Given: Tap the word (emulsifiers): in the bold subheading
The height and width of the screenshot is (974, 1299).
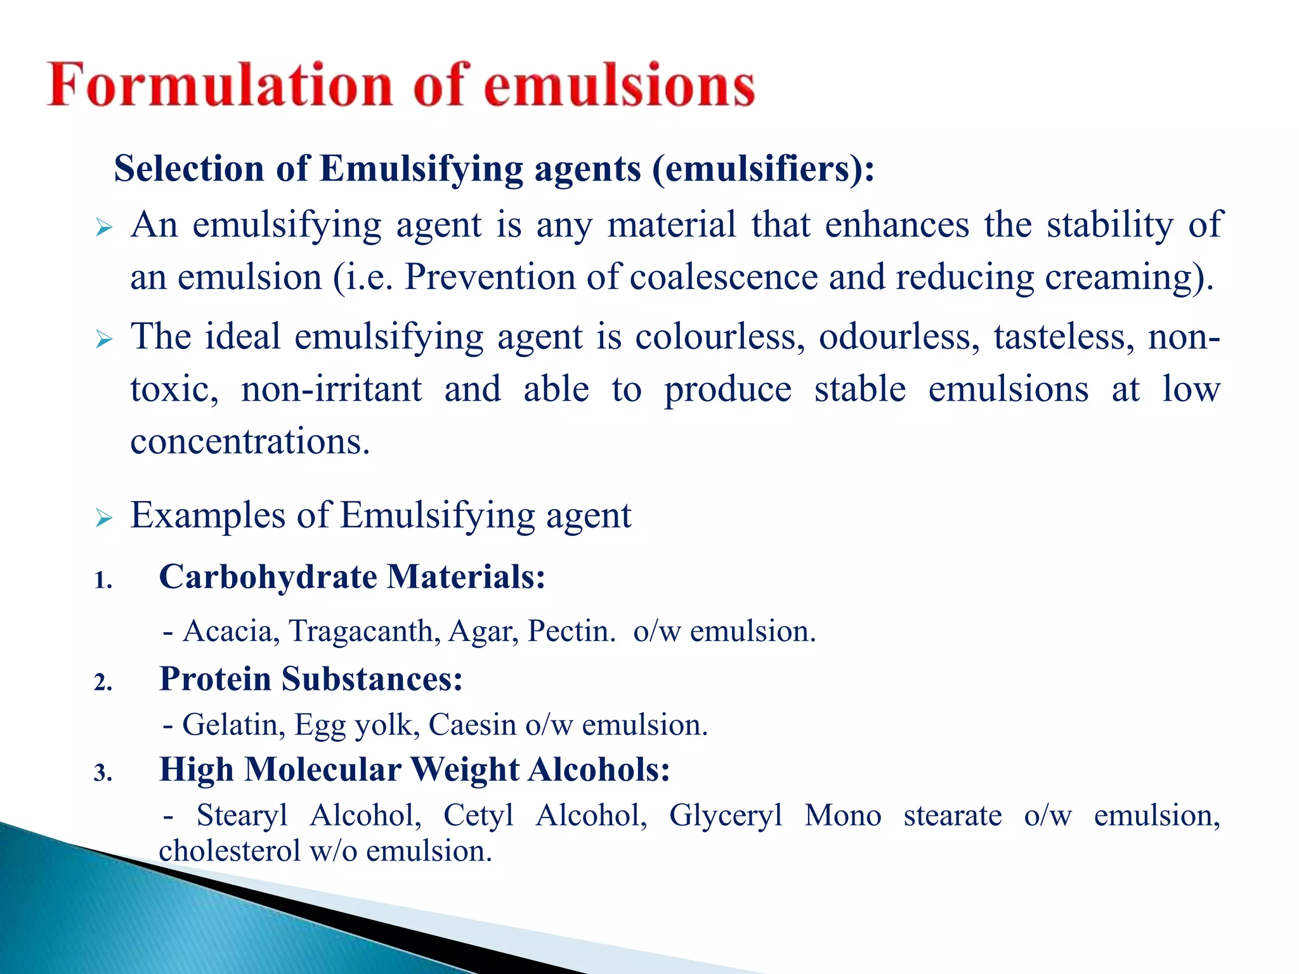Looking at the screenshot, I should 763,169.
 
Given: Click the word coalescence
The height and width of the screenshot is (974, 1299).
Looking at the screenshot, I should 723,277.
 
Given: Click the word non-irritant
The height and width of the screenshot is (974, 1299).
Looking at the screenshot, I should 331,389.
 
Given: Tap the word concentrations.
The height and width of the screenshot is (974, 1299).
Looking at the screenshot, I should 250,441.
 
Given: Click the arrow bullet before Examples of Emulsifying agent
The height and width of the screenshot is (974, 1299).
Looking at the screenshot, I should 104,518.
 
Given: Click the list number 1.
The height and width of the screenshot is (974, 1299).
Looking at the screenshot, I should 103,580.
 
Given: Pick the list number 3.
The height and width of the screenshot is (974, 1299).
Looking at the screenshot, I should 103,773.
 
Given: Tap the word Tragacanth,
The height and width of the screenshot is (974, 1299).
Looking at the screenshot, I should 365,631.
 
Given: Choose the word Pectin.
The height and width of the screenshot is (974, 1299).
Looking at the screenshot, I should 571,631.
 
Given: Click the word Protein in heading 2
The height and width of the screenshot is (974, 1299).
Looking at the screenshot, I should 215,679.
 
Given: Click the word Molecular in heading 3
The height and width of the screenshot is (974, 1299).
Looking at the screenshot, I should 323,770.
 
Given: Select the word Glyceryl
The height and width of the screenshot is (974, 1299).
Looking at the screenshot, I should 726,815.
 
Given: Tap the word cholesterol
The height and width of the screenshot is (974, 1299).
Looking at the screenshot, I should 230,851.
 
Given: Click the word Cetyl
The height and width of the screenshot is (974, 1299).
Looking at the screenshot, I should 478,815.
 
